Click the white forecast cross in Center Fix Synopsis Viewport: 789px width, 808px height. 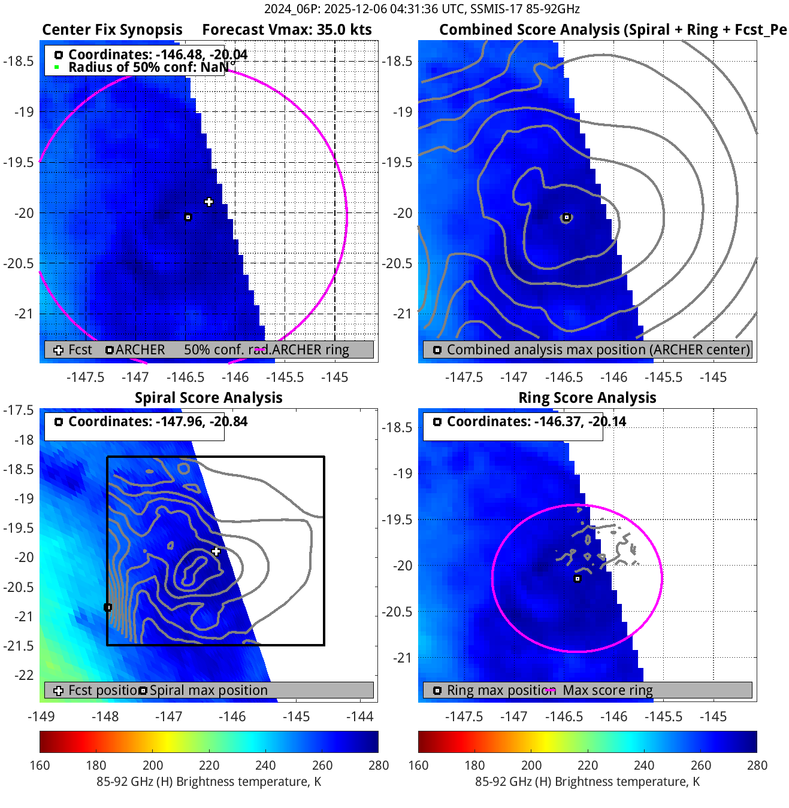point(208,202)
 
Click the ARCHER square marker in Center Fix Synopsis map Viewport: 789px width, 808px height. point(188,217)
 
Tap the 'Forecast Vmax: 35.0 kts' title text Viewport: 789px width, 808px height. point(286,30)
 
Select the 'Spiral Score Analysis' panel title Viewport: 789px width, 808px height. point(208,398)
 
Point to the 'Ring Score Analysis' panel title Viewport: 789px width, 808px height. point(587,398)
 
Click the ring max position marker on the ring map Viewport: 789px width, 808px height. point(578,579)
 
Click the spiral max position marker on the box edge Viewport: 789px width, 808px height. point(108,607)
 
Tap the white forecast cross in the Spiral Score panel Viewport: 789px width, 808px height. point(216,551)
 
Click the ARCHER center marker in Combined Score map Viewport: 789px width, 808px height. point(566,217)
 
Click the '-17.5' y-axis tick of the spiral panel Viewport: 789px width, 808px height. point(19,410)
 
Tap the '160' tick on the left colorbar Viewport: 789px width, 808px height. point(40,765)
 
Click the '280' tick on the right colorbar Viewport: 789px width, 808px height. point(757,765)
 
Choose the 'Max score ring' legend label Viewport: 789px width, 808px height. point(607,690)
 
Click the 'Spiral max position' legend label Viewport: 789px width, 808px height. point(208,690)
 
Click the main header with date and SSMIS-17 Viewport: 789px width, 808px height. point(422,9)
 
